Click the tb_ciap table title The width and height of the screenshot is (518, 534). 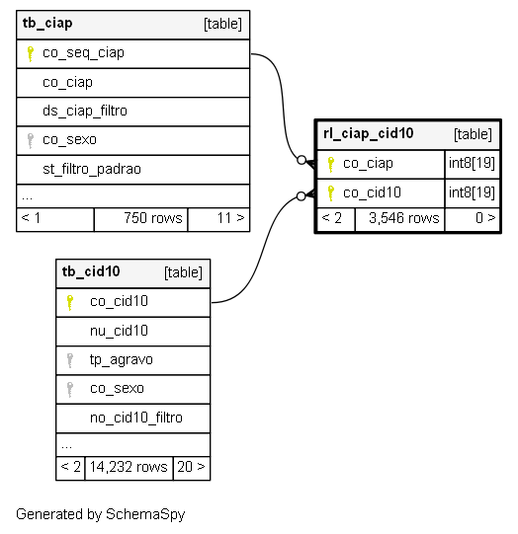pyautogui.click(x=47, y=24)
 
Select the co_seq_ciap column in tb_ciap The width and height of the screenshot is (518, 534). pyautogui.click(x=83, y=53)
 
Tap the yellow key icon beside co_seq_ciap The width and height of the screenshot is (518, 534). pyautogui.click(x=30, y=54)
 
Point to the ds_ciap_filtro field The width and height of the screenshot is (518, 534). pyautogui.click(x=85, y=112)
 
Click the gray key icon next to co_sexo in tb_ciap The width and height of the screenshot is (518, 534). pyautogui.click(x=30, y=141)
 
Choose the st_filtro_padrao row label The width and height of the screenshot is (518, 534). pyautogui.click(x=92, y=169)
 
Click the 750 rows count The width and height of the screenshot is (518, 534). pyautogui.click(x=153, y=218)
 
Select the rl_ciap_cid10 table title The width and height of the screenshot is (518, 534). pyautogui.click(x=369, y=134)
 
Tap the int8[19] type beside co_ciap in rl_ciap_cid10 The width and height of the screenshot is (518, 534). pyautogui.click(x=472, y=163)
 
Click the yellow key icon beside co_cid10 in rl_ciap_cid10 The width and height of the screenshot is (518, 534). pyautogui.click(x=330, y=193)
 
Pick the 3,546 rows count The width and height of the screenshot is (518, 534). pyautogui.click(x=403, y=218)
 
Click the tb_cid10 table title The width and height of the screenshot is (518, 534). pyautogui.click(x=91, y=272)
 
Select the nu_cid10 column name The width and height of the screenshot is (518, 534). pyautogui.click(x=119, y=331)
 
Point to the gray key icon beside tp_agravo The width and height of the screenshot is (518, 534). pyautogui.click(x=69, y=360)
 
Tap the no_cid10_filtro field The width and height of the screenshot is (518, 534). pyautogui.click(x=136, y=418)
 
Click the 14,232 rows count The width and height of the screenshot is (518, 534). pyautogui.click(x=129, y=467)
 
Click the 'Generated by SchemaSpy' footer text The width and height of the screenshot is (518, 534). pyautogui.click(x=100, y=514)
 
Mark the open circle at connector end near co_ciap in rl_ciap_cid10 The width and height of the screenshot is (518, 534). pyautogui.click(x=302, y=160)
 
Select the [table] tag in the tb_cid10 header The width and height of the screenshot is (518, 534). pyautogui.click(x=183, y=272)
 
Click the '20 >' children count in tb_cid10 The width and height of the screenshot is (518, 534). pyautogui.click(x=191, y=467)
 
